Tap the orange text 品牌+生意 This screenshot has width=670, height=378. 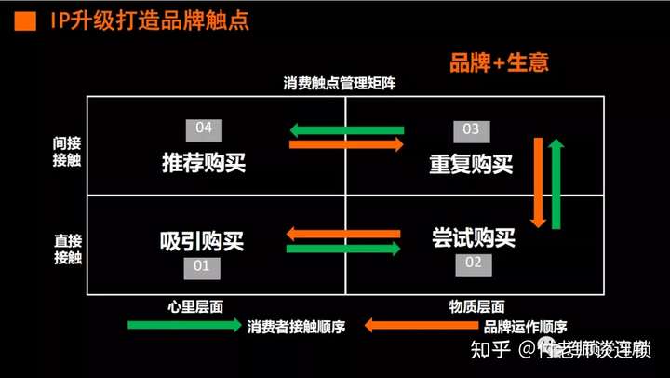point(499,63)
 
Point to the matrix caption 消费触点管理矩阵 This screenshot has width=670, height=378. point(340,83)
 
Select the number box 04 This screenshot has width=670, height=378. point(205,128)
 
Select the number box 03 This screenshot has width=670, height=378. point(471,129)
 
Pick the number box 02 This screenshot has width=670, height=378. point(473,263)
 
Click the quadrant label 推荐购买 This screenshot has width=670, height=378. point(203,162)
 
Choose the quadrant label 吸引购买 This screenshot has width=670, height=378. point(202,240)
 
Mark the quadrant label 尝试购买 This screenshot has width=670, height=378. point(473,237)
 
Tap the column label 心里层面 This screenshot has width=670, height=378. point(194,305)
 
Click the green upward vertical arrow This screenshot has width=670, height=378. point(556,182)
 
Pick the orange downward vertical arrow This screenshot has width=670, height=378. point(537,182)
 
